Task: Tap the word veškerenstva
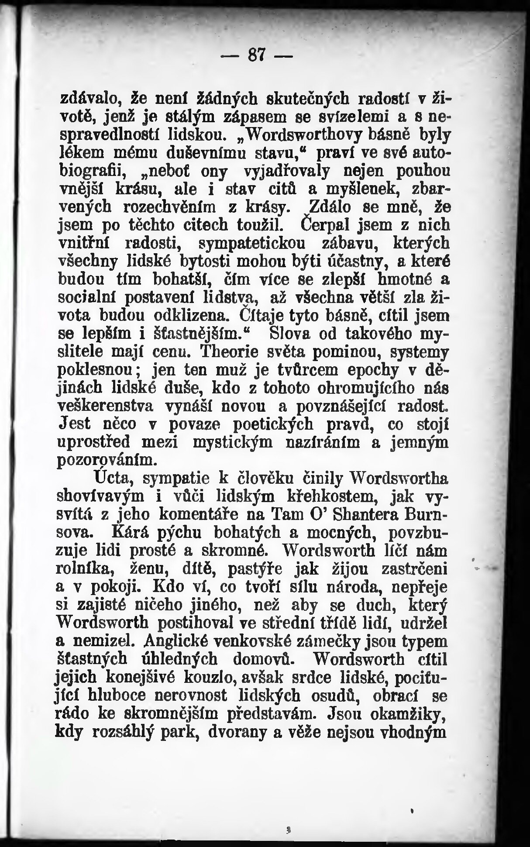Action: [105, 406]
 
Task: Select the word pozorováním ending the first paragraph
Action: [106, 460]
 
